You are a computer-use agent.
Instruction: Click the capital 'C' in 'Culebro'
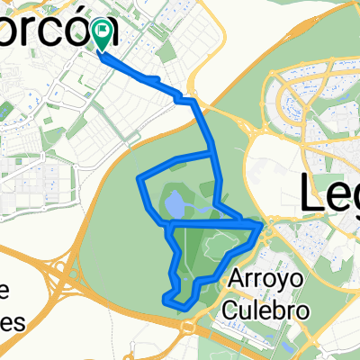(x=234, y=310)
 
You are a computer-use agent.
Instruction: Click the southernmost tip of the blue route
(x=183, y=308)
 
